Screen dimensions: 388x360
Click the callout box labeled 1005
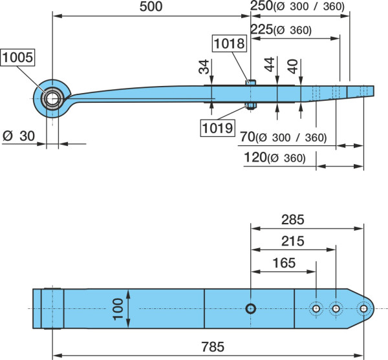coord(17,58)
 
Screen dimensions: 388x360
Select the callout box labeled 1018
coord(230,43)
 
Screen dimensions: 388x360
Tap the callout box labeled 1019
coord(217,128)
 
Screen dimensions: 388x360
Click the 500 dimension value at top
coord(151,6)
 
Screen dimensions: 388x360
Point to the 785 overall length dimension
coord(213,346)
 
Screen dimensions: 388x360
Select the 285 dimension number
coord(293,220)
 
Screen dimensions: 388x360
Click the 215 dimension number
coord(293,241)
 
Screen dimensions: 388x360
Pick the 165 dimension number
coord(284,263)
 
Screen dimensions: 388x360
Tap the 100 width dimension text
coord(118,309)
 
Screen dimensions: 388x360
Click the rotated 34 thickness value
coord(204,67)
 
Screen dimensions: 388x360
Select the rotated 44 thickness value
coord(269,64)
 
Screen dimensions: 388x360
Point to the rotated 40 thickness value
coord(293,67)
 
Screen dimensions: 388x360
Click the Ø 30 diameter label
coord(19,136)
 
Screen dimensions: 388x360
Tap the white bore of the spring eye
coord(52,99)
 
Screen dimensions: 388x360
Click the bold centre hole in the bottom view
coord(251,309)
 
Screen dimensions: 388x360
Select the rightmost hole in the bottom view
coord(363,308)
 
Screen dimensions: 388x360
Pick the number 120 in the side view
coord(255,157)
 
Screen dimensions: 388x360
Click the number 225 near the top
coord(261,30)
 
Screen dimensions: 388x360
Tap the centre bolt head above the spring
coord(251,82)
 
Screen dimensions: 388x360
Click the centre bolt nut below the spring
coord(251,106)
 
